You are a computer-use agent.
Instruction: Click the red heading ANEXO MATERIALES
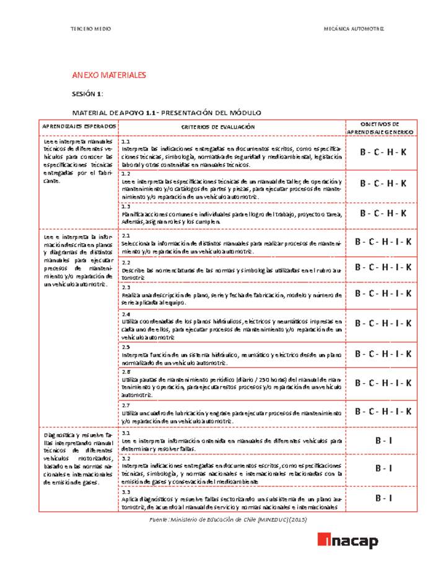click(109, 75)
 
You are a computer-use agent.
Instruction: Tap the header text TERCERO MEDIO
click(92, 30)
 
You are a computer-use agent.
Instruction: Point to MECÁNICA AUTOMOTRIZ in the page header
click(354, 30)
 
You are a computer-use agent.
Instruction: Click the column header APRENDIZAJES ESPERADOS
click(79, 126)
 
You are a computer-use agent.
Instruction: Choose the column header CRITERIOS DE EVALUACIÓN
click(217, 126)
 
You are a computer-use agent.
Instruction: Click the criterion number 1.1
click(125, 142)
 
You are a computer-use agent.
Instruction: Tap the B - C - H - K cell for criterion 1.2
click(383, 183)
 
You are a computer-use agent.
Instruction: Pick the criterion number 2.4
click(126, 315)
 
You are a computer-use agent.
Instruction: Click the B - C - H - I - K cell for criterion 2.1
click(383, 241)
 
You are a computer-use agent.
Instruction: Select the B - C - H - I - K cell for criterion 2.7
click(383, 411)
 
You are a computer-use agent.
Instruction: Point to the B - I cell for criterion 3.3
click(383, 498)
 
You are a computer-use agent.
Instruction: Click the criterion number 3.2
click(126, 458)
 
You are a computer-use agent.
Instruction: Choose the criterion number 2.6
click(126, 371)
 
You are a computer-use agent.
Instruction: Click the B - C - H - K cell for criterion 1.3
click(383, 213)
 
